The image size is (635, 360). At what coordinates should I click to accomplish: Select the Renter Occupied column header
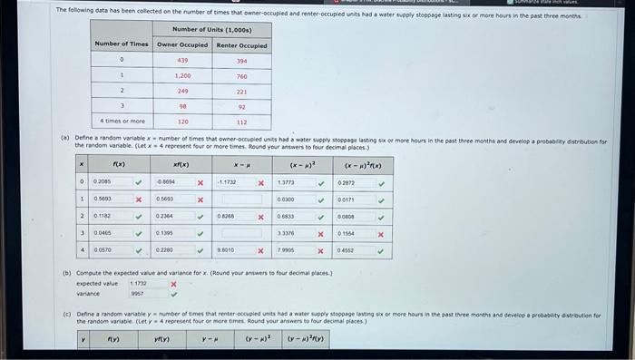coord(241,44)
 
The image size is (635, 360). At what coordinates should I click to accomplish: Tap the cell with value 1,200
coord(182,76)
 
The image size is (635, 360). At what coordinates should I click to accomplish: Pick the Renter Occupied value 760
coord(241,76)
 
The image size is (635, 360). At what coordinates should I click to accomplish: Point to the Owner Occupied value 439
coord(182,61)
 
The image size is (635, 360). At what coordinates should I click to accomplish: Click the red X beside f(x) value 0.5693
coord(139,199)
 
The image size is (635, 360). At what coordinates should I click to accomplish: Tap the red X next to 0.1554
coord(381,233)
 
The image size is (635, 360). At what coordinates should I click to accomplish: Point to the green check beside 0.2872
coord(381,182)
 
